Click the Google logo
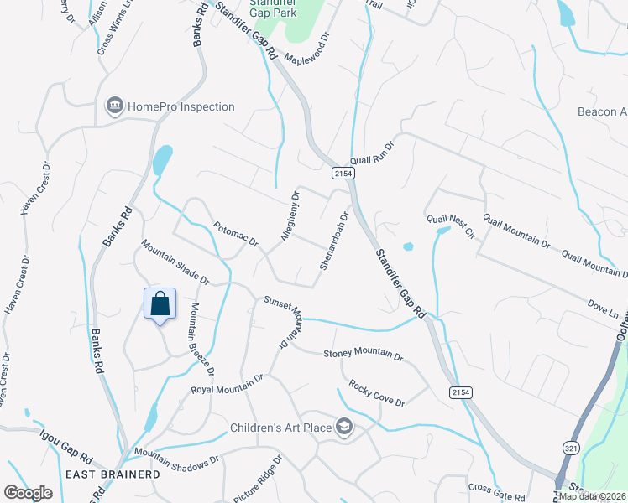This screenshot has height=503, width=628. pos(28,493)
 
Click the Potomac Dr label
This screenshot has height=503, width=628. pos(235,233)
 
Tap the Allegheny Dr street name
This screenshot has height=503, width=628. pos(290,217)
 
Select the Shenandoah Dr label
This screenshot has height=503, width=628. pos(333,240)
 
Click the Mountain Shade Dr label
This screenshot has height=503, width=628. pos(174,261)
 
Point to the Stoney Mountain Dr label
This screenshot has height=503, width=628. pos(363,354)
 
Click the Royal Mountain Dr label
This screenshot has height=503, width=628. pos(227,384)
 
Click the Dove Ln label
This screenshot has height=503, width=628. pos(603,308)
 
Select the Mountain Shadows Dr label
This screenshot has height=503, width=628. pos(177,456)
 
